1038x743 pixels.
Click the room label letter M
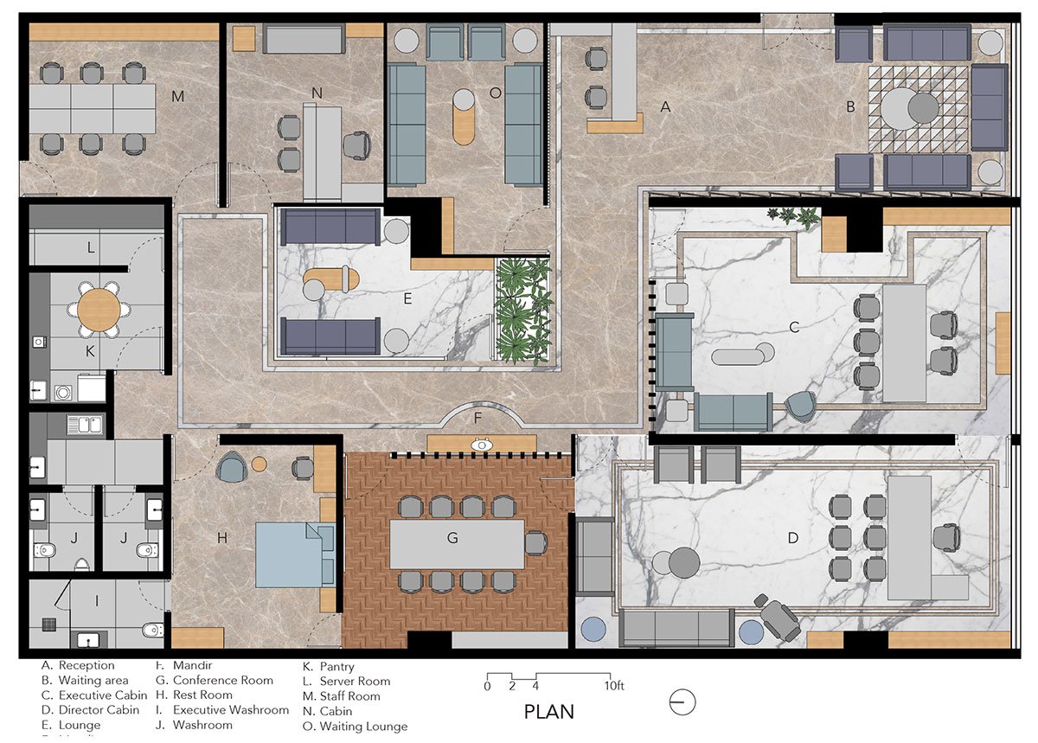[x=178, y=96]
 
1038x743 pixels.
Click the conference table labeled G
[x=457, y=543]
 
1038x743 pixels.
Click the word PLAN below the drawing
[x=549, y=712]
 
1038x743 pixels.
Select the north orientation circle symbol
[x=682, y=701]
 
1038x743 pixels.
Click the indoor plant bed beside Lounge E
[x=523, y=311]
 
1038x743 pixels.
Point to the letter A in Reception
[x=665, y=107]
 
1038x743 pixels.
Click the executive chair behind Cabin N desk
[x=356, y=144]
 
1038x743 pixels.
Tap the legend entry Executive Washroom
[x=231, y=710]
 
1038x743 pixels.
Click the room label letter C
[x=794, y=327]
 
